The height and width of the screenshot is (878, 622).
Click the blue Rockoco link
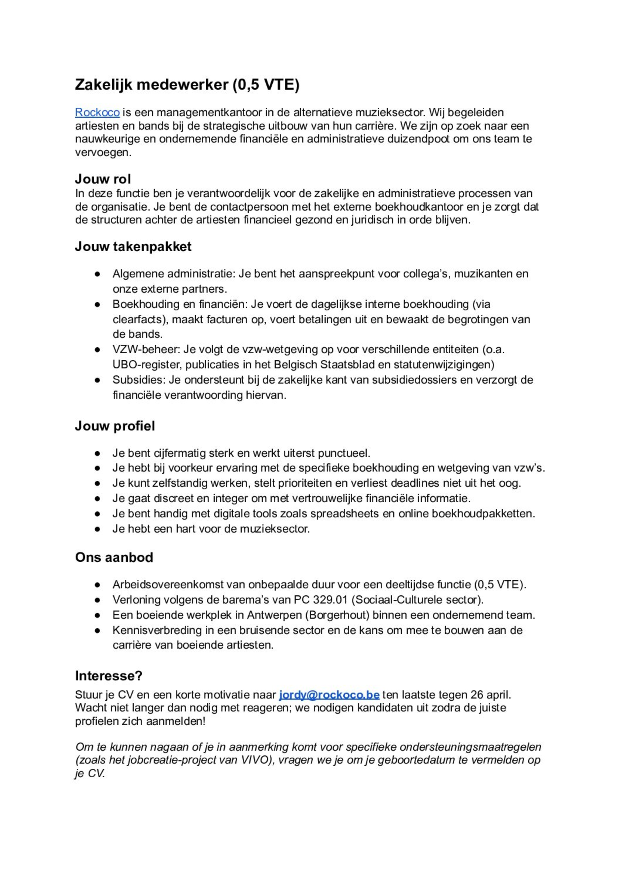[97, 113]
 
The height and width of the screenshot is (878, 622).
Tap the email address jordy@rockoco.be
[329, 695]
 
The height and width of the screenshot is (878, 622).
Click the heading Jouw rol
[103, 179]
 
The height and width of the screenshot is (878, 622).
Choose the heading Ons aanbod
[114, 557]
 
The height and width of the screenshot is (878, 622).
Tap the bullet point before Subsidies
[97, 380]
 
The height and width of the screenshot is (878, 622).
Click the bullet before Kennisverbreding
[97, 630]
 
